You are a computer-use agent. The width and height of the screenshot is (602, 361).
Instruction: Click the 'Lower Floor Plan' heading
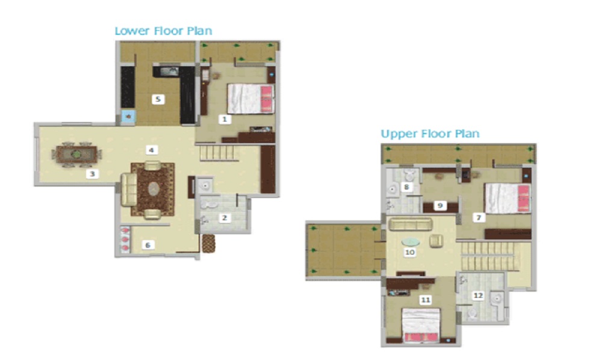[163, 31]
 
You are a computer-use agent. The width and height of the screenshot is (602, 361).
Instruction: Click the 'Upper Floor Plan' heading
[430, 134]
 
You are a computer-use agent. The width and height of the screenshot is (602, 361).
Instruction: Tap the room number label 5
[158, 99]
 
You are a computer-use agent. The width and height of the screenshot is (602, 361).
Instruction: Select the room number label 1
[225, 119]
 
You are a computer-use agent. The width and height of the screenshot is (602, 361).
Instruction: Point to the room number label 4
[151, 150]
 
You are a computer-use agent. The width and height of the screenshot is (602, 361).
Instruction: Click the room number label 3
[92, 174]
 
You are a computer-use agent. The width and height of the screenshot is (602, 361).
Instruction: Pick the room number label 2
[225, 218]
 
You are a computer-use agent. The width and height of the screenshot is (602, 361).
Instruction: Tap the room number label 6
[148, 245]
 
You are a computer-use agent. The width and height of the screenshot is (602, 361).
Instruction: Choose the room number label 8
[406, 187]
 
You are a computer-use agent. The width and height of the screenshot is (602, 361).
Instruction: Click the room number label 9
[441, 205]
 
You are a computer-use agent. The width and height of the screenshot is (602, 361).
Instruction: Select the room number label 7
[479, 218]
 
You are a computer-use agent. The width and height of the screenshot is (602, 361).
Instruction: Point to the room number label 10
[409, 252]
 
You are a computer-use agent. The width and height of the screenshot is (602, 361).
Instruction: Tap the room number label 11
[426, 300]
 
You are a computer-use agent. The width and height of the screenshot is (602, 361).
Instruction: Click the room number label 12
[478, 295]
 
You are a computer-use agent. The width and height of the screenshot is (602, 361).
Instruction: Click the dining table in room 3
[76, 155]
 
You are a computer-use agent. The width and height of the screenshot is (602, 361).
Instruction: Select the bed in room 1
[250, 99]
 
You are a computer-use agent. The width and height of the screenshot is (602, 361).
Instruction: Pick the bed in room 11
[421, 325]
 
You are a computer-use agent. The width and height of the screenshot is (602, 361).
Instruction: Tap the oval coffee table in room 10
[411, 242]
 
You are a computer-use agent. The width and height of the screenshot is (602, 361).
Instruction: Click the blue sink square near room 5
[128, 116]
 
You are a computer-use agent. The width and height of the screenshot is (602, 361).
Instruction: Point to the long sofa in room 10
[411, 224]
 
